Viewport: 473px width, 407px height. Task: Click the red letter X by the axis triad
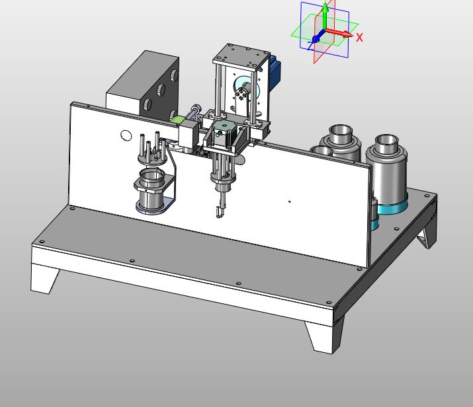tap(359, 38)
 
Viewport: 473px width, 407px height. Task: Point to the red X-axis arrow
tap(338, 33)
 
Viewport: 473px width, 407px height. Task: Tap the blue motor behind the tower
tap(275, 72)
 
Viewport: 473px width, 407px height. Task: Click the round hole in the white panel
tap(126, 135)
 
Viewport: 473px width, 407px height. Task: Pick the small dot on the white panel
tap(290, 202)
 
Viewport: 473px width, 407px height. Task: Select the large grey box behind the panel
tap(143, 86)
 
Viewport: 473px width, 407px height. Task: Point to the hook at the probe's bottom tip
tap(220, 212)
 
